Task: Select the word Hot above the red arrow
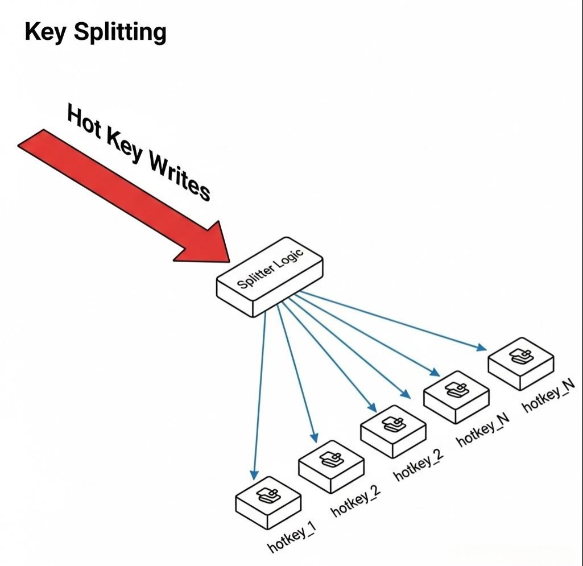tap(85, 123)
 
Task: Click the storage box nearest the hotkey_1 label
tap(267, 501)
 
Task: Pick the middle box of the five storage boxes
tap(393, 430)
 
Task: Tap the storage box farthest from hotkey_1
tap(520, 362)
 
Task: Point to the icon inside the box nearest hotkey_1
tap(267, 495)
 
